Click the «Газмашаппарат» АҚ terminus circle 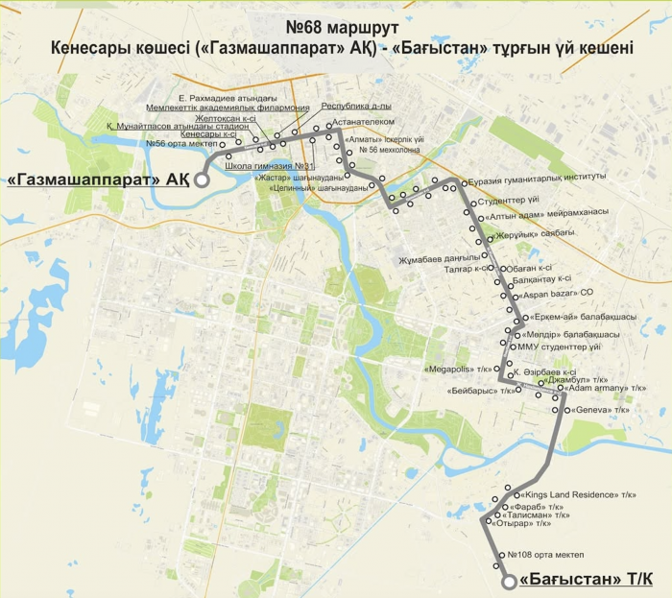point(202,179)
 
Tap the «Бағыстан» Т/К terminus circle point(509,581)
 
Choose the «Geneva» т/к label point(601,410)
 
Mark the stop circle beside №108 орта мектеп point(499,555)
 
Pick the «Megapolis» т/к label point(456,367)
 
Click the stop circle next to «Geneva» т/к point(568,410)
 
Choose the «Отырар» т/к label point(523,524)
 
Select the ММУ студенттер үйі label point(560,346)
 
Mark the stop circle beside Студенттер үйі point(468,203)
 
